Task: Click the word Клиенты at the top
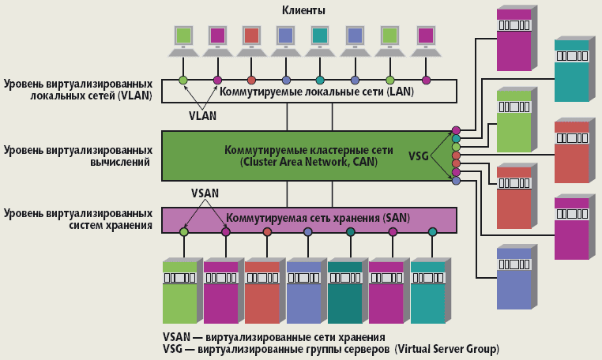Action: pyautogui.click(x=303, y=10)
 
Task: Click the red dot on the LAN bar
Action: pyautogui.click(x=251, y=81)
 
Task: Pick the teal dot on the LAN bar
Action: pyautogui.click(x=320, y=81)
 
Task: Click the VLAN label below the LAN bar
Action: pyautogui.click(x=203, y=115)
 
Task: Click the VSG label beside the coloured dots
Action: pyautogui.click(x=420, y=156)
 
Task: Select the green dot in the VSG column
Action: pyautogui.click(x=456, y=147)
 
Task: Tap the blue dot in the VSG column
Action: pyautogui.click(x=456, y=181)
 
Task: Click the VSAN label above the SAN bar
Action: pyautogui.click(x=205, y=193)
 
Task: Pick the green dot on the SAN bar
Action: pyautogui.click(x=184, y=232)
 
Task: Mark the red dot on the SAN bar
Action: pyautogui.click(x=267, y=232)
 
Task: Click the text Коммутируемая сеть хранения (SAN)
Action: pyautogui.click(x=307, y=217)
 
